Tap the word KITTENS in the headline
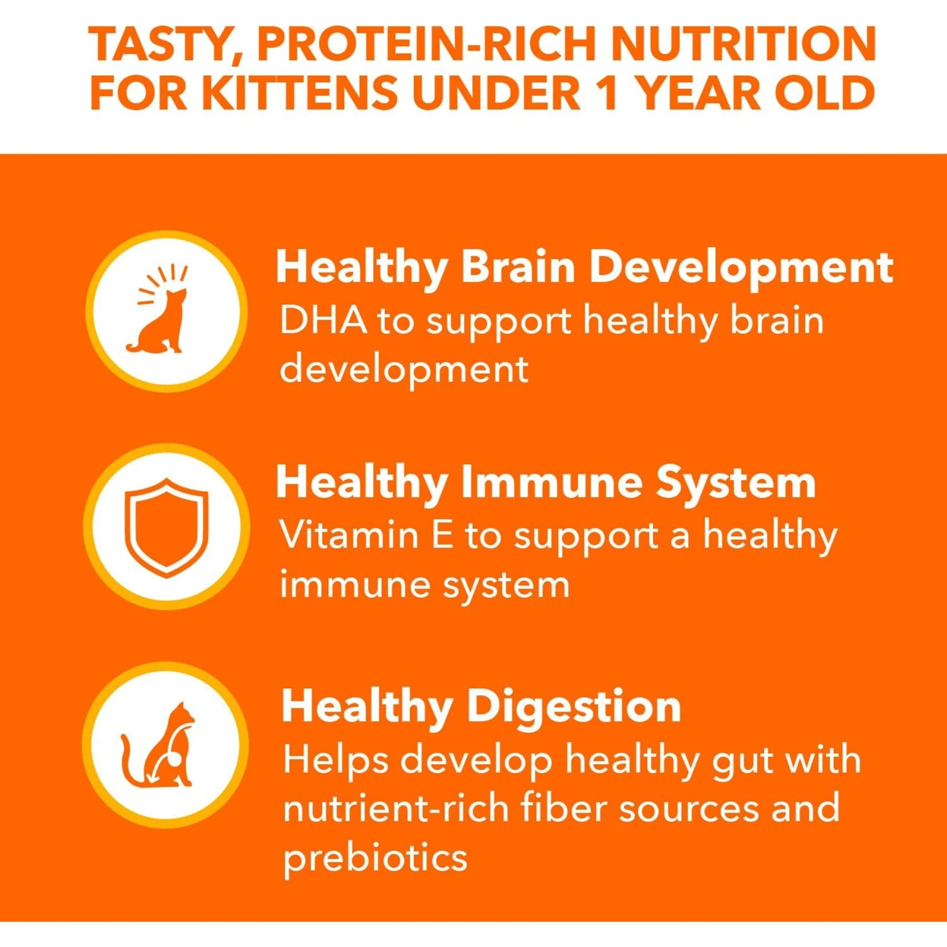(x=301, y=93)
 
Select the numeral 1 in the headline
(x=607, y=93)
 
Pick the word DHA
(x=323, y=319)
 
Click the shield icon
(x=167, y=527)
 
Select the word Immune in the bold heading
(x=552, y=482)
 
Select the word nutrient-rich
(x=396, y=808)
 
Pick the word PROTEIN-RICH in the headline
(x=426, y=44)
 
